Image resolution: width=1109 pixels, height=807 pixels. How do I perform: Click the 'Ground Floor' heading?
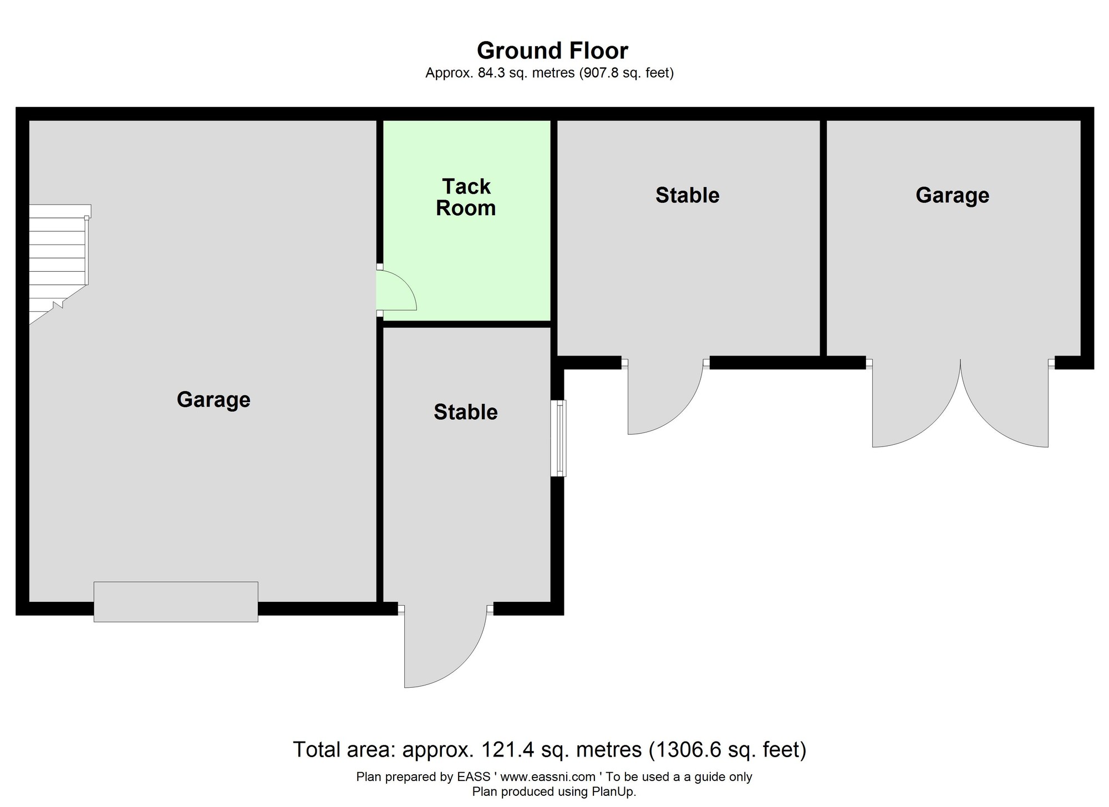(x=552, y=50)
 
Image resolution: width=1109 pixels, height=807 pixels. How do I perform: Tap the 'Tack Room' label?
(x=466, y=197)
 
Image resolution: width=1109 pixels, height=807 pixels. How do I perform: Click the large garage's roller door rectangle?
(x=176, y=601)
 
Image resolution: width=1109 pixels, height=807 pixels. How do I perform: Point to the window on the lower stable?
(x=558, y=438)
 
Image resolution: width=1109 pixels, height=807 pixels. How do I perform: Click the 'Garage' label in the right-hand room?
(x=952, y=196)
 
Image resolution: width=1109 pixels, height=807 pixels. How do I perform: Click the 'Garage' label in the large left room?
(x=213, y=400)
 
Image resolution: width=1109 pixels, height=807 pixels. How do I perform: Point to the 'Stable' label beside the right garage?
(x=688, y=195)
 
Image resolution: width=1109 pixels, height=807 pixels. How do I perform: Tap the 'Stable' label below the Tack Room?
(x=466, y=412)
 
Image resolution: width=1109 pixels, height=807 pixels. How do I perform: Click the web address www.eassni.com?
(x=548, y=777)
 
